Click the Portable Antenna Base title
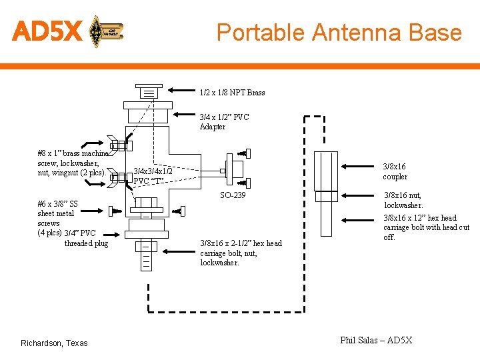click(339, 32)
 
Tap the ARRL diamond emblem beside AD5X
click(97, 31)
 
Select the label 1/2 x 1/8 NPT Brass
click(232, 93)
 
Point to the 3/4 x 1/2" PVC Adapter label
click(224, 122)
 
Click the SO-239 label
click(233, 195)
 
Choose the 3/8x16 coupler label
click(394, 171)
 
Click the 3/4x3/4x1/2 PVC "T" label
click(153, 176)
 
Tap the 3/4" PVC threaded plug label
click(85, 239)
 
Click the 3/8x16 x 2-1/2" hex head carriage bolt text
click(241, 253)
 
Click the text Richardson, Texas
click(54, 343)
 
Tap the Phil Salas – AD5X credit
click(376, 341)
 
